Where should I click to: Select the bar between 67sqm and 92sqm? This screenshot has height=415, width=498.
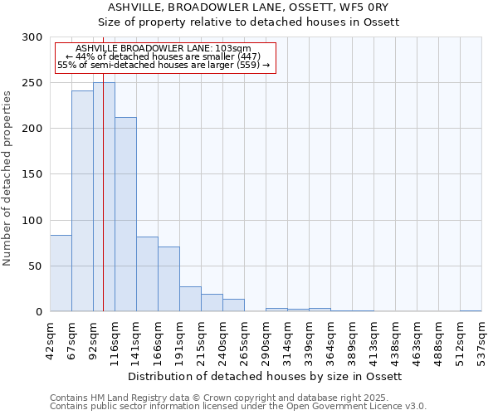(82, 201)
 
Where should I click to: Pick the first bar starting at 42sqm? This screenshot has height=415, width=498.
(61, 273)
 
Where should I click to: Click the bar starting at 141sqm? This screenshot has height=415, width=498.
(147, 274)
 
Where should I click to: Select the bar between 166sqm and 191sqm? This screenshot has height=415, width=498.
(168, 279)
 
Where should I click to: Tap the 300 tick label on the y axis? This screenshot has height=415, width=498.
(32, 37)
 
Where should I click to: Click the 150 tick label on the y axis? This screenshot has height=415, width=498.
(32, 174)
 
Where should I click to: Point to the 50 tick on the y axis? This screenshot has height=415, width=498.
(36, 266)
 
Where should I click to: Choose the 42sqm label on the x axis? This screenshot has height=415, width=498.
(50, 339)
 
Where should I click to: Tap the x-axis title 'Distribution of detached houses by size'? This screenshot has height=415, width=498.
(265, 376)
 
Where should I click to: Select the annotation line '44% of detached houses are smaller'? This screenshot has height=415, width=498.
(163, 56)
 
